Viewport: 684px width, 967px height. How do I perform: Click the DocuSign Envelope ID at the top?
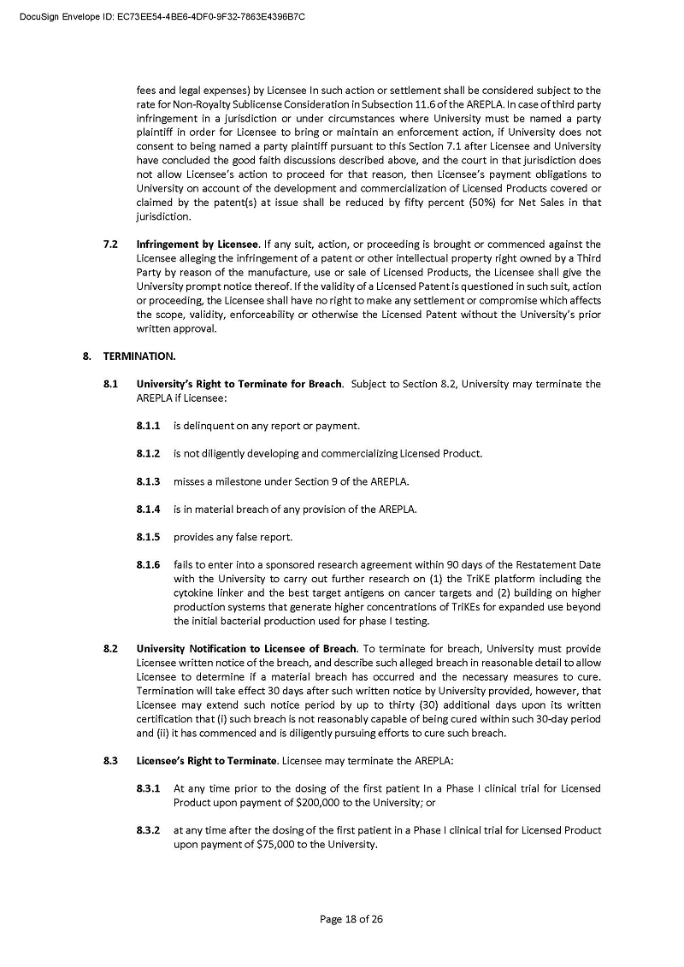pyautogui.click(x=162, y=16)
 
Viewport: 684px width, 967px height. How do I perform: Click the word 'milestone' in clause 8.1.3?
pyautogui.click(x=232, y=481)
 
